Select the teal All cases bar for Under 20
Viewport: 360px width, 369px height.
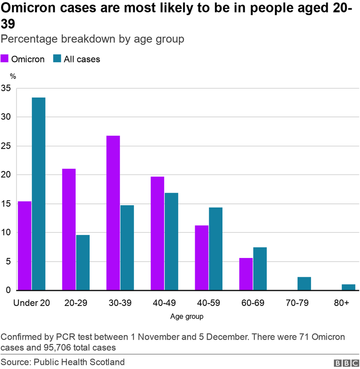pyautogui.click(x=38, y=194)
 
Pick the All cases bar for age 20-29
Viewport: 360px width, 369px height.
pyautogui.click(x=83, y=262)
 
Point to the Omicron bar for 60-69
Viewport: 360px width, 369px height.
pyautogui.click(x=246, y=274)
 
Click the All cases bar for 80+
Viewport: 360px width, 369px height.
pyautogui.click(x=348, y=287)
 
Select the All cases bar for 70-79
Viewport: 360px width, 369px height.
pyautogui.click(x=304, y=283)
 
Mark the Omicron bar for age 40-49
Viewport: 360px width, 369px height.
pyautogui.click(x=157, y=233)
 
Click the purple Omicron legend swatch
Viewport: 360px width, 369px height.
pyautogui.click(x=4, y=59)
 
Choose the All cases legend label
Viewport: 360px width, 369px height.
pyautogui.click(x=82, y=59)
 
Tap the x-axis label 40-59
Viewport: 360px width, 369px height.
pyautogui.click(x=208, y=303)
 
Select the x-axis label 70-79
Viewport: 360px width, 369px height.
pyautogui.click(x=297, y=303)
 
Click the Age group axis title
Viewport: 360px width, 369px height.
pyautogui.click(x=187, y=316)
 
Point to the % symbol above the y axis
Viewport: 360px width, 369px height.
pyautogui.click(x=13, y=76)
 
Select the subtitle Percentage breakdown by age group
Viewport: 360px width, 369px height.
pyautogui.click(x=92, y=39)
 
